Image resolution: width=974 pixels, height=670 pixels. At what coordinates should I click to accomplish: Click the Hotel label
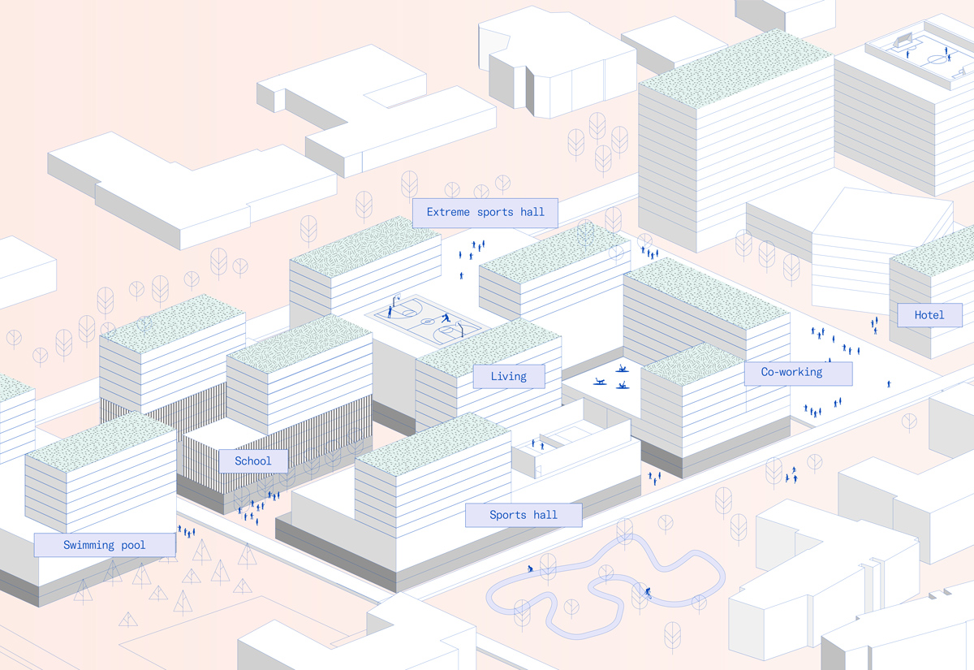tap(929, 315)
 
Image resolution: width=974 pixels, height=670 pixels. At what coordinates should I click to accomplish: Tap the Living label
tap(508, 376)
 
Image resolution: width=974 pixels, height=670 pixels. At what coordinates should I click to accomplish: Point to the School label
tap(253, 461)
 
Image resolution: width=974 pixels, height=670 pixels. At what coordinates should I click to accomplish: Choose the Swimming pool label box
tap(105, 545)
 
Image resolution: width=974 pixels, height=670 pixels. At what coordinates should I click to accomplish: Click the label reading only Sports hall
tap(523, 515)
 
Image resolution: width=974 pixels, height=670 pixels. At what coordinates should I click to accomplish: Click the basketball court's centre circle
tap(425, 322)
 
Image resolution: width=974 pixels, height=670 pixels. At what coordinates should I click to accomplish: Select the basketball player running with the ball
tap(446, 318)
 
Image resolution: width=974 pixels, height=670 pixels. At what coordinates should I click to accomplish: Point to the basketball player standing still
tap(390, 309)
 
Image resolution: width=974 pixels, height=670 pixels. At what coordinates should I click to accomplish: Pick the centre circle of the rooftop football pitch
tap(937, 58)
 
